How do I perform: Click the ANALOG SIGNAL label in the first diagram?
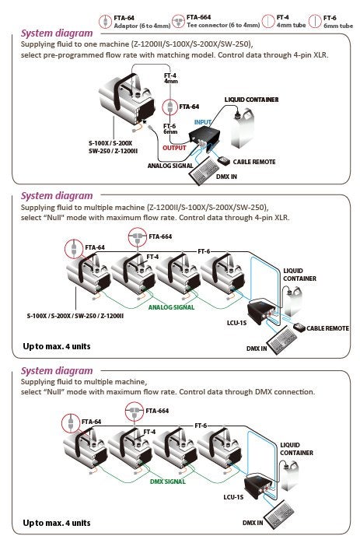click(170, 165)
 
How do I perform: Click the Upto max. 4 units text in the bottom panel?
click(56, 523)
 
